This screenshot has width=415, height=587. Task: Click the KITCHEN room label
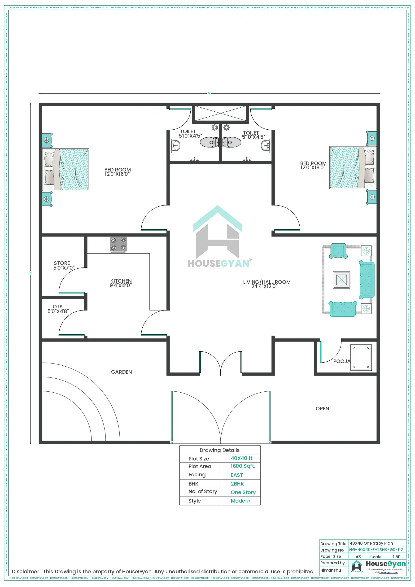(x=121, y=283)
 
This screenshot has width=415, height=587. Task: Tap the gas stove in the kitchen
(x=118, y=244)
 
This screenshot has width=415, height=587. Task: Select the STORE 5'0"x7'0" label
(x=63, y=265)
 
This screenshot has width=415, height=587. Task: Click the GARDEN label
(x=122, y=372)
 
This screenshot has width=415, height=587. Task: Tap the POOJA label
(x=341, y=361)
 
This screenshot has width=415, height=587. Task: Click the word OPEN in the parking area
(x=322, y=408)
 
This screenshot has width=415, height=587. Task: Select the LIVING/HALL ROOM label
(x=266, y=284)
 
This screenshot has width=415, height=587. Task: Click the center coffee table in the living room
(x=341, y=280)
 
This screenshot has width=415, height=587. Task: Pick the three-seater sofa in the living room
(x=367, y=280)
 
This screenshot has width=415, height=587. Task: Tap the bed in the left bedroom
(x=66, y=170)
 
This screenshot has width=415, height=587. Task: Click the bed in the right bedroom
(x=352, y=167)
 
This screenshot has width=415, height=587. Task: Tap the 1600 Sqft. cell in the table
(x=243, y=466)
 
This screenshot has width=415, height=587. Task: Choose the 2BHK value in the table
(x=237, y=484)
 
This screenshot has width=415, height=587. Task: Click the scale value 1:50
(x=396, y=556)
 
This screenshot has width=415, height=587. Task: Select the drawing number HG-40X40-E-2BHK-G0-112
(x=376, y=549)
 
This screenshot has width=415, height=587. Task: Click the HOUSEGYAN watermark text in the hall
(x=218, y=263)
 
